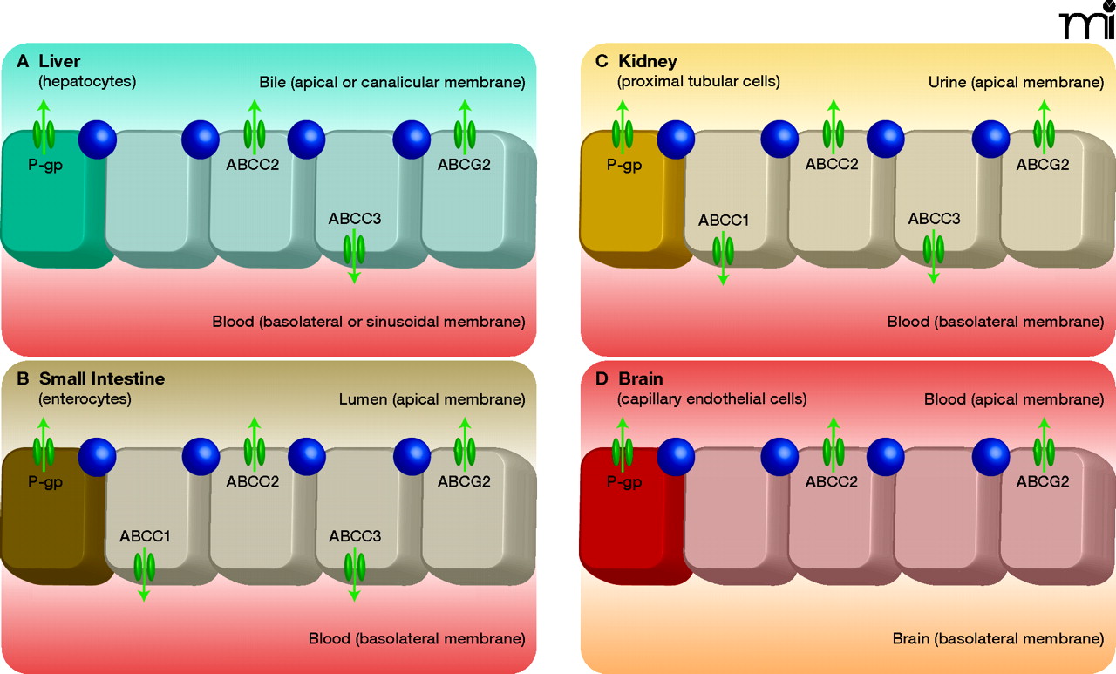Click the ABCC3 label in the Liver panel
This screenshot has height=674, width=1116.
[x=354, y=219]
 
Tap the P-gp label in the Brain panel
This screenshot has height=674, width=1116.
[x=623, y=481]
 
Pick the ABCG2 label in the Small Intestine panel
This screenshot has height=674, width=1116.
[x=464, y=481]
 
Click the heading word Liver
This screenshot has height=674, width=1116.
[x=59, y=62]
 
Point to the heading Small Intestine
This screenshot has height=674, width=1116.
[x=102, y=379]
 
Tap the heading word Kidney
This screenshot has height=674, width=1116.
[x=648, y=61]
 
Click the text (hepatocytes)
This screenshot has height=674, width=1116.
[x=87, y=82]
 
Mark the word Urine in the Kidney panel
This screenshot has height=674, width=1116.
[x=947, y=82]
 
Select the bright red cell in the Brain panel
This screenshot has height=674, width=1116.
[x=629, y=523]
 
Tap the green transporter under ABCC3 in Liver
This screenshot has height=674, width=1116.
[x=354, y=248]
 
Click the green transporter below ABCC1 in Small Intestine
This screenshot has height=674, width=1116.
[x=144, y=566]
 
